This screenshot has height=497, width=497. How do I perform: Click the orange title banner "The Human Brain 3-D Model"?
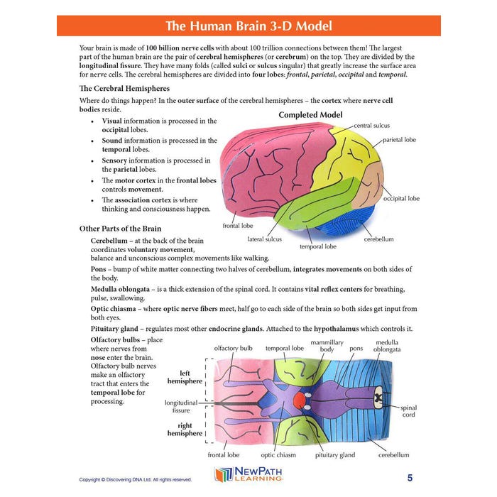pyautogui.click(x=248, y=26)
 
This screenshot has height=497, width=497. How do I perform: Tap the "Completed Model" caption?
pyautogui.click(x=310, y=115)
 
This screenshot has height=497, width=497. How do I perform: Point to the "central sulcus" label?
pyautogui.click(x=371, y=126)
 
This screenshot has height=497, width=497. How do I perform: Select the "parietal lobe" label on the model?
pyautogui.click(x=400, y=140)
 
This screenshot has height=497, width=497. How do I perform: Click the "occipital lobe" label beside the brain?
pyautogui.click(x=401, y=199)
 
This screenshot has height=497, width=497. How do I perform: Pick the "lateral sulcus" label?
pyautogui.click(x=264, y=239)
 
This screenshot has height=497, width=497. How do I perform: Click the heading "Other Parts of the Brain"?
pyautogui.click(x=120, y=229)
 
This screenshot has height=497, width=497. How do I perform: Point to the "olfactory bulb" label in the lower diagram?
pyautogui.click(x=233, y=349)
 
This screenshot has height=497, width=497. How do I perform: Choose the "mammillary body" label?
pyautogui.click(x=327, y=346)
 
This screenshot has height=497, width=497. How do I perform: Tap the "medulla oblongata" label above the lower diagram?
pyautogui.click(x=387, y=346)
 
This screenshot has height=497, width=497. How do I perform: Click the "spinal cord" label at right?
pyautogui.click(x=409, y=412)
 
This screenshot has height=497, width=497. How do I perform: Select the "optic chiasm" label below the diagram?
pyautogui.click(x=278, y=455)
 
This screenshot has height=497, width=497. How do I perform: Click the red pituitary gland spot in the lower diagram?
pyautogui.click(x=300, y=401)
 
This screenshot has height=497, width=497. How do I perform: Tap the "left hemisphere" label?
pyautogui.click(x=184, y=376)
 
